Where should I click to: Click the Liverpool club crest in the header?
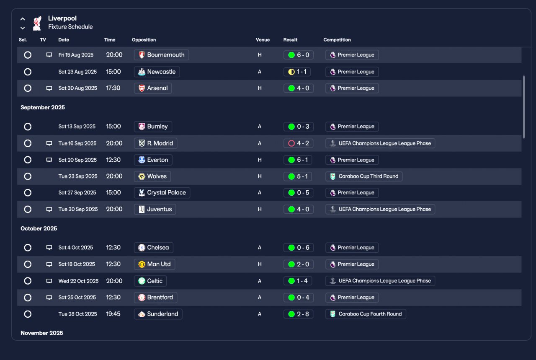(x=37, y=23)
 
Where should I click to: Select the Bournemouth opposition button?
(x=161, y=55)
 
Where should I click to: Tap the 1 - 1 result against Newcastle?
(x=297, y=72)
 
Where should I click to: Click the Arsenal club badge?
(x=142, y=88)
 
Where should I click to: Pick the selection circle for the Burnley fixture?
(x=28, y=127)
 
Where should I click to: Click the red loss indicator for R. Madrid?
(x=291, y=143)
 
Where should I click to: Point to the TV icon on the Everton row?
(x=49, y=160)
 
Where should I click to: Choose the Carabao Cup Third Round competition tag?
(x=364, y=176)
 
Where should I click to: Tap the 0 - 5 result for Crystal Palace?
(x=299, y=193)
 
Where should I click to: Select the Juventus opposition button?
(x=155, y=209)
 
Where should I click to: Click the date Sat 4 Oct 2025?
(x=76, y=247)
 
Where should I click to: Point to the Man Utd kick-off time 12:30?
(x=113, y=264)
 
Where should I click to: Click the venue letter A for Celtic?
(x=259, y=281)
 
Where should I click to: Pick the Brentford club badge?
(x=142, y=298)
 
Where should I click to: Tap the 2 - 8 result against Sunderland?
(x=299, y=314)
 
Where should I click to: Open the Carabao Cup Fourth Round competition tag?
(x=366, y=314)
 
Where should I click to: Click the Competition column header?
(x=337, y=40)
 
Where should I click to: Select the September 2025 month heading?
(x=43, y=107)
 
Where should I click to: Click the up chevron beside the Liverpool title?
(x=23, y=19)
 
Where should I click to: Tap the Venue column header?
(x=263, y=40)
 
